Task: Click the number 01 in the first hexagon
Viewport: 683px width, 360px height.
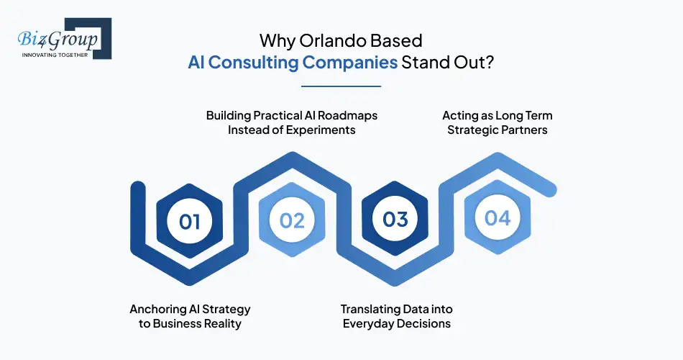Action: (x=190, y=220)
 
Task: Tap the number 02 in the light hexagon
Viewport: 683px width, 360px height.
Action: (x=292, y=220)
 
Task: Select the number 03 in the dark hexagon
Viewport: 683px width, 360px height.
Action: (x=395, y=220)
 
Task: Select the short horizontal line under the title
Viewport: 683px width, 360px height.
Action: (x=341, y=86)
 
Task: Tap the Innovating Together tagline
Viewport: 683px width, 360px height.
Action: (x=55, y=55)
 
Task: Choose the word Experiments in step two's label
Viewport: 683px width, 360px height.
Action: (x=321, y=130)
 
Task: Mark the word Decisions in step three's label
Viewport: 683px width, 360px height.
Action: (x=423, y=324)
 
